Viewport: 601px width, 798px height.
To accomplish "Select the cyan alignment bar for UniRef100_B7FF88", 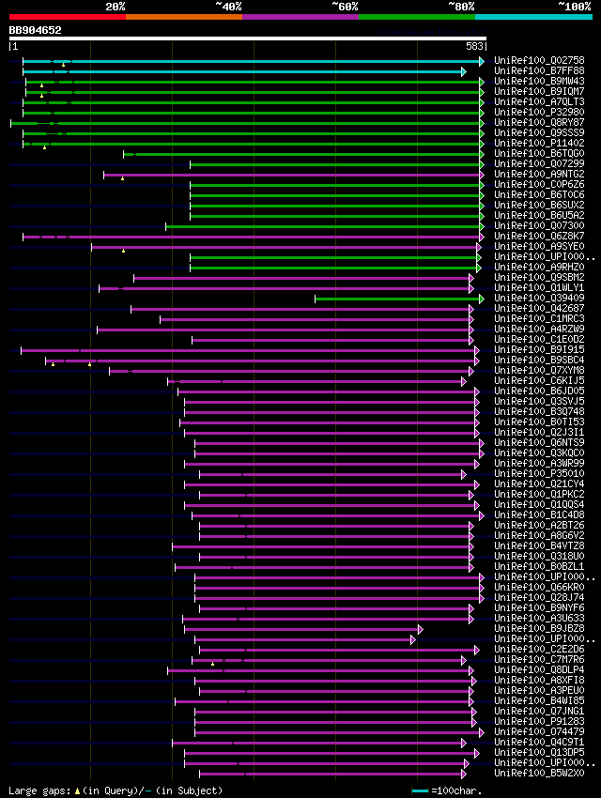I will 244,71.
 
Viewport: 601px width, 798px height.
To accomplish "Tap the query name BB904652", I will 36,30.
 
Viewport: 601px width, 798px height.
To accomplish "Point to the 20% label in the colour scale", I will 116,7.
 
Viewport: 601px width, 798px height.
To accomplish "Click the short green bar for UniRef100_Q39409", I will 394,299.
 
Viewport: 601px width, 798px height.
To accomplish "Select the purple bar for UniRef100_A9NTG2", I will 291,175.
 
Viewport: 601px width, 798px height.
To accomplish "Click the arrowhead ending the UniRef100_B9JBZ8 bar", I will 420,629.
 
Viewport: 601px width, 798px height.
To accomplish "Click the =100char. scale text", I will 457,790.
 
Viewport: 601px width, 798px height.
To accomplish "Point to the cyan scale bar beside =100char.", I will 420,790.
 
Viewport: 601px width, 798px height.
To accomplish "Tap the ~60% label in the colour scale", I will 345,7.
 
